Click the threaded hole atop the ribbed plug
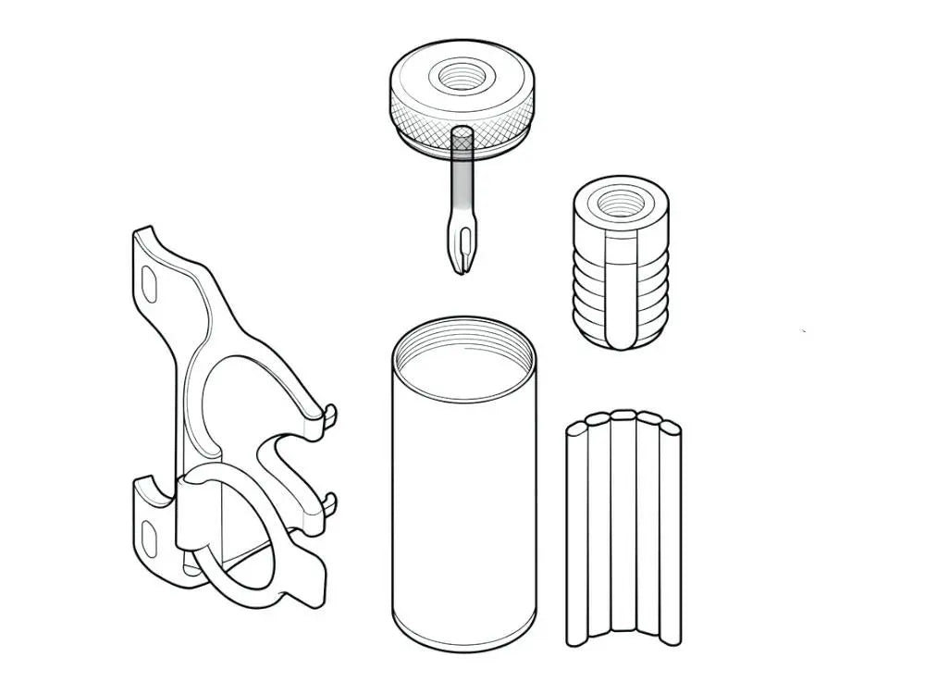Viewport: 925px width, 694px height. tap(615, 201)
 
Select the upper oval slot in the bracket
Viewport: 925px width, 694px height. tap(151, 282)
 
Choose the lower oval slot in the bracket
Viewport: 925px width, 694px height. tap(149, 534)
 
